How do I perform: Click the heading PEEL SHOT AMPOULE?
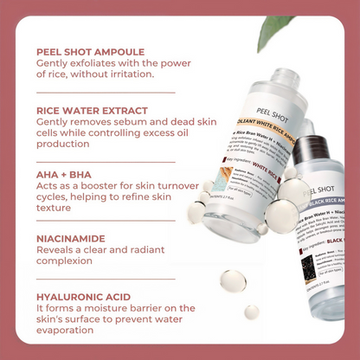(x=91, y=52)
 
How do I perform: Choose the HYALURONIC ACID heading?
(x=84, y=297)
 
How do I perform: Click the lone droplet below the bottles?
(x=231, y=282)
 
